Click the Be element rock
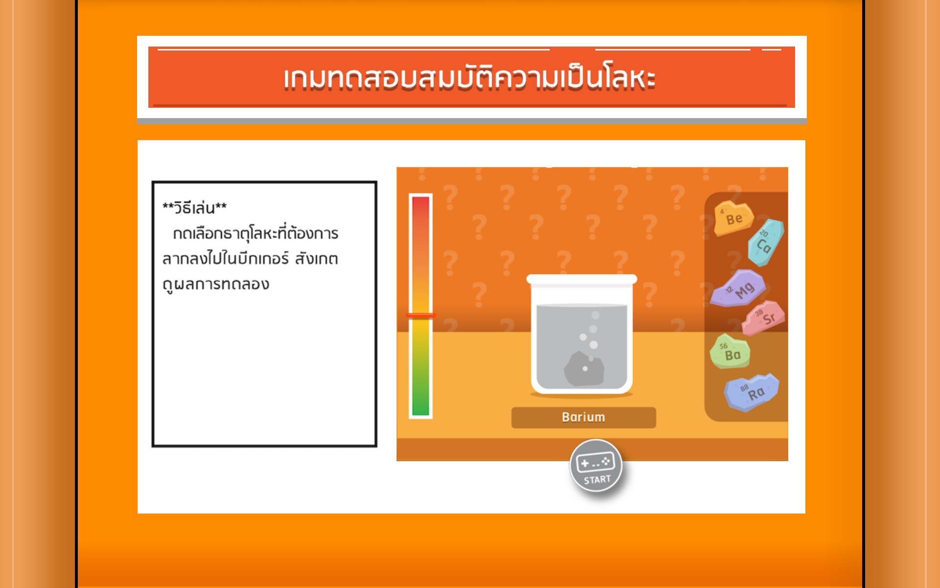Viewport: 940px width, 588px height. pos(733,218)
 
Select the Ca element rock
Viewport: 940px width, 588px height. pos(766,243)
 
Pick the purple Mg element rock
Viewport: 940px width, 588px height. pos(738,289)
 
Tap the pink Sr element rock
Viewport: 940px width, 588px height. pos(764,318)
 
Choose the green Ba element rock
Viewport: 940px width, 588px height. pos(729,351)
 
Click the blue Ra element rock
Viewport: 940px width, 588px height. pos(752,392)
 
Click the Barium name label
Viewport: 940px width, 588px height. pos(584,417)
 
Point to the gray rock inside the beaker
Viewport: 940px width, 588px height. pos(584,368)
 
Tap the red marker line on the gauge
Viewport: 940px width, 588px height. pos(421,316)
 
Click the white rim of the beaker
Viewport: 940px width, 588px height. pos(582,279)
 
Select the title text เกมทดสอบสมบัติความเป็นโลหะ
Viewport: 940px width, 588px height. pos(469,78)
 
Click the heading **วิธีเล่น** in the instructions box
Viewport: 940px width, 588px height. pos(194,208)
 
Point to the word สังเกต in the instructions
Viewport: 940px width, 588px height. pos(316,258)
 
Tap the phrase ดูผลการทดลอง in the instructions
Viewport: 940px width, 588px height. pos(216,285)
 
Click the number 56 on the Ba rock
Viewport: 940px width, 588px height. pos(723,346)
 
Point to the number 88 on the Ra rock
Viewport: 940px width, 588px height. pos(744,388)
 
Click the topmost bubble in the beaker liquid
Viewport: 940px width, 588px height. pos(595,315)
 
